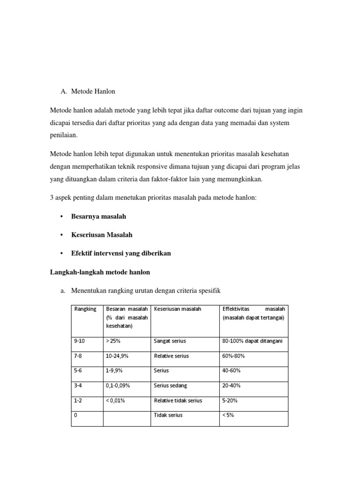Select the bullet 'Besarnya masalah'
98,217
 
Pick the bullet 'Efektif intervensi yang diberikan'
121,253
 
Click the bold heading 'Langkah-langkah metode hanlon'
100,272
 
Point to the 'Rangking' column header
85,309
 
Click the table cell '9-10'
80,341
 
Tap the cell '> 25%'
114,341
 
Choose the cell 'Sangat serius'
168,341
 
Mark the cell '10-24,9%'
117,356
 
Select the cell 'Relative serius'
172,356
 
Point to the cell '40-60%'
232,370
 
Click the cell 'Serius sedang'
171,385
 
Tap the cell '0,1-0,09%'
118,385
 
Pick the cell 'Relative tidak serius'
178,400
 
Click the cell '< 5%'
228,415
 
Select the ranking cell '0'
76,415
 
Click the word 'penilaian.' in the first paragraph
63,135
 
